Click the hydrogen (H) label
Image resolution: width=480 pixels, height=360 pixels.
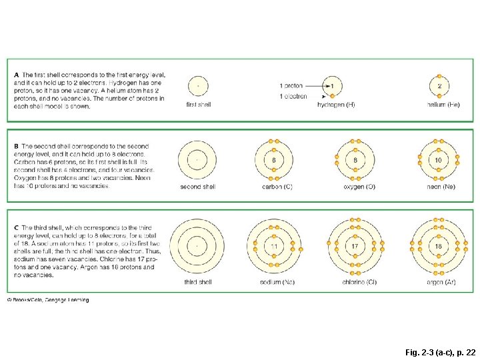tap(336, 105)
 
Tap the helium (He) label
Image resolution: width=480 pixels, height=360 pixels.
tap(443, 105)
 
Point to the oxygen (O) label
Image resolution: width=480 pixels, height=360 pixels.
tap(359, 187)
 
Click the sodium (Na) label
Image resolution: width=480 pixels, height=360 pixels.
tap(277, 282)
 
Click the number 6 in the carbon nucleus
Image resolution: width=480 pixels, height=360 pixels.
tap(273, 161)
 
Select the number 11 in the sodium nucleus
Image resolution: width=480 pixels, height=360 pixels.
tap(273, 247)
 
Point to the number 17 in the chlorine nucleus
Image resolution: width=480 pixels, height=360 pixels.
tap(355, 247)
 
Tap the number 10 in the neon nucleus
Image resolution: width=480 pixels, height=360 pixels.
tap(438, 161)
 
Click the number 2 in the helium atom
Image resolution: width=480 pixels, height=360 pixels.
tap(439, 86)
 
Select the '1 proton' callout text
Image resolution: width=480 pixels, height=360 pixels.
tap(291, 86)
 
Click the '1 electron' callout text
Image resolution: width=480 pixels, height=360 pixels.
tap(293, 96)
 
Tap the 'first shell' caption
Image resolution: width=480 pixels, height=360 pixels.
tap(198, 105)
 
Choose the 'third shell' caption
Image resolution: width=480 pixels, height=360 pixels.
tap(198, 282)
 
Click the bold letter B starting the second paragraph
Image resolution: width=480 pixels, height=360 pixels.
tap(17, 146)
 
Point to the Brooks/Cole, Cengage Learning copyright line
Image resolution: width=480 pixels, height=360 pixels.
tap(48, 300)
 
